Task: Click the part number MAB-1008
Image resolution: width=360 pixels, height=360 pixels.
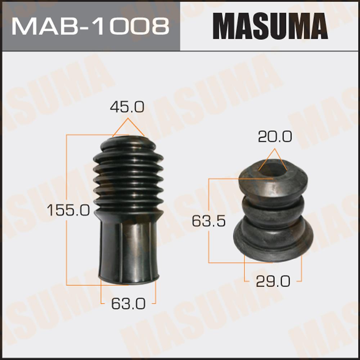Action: [x=90, y=27]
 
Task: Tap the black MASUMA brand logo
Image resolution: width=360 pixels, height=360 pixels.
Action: [x=270, y=26]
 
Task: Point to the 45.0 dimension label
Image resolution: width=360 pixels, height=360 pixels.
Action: [x=127, y=107]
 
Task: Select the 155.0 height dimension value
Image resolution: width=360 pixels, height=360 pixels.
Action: [x=68, y=210]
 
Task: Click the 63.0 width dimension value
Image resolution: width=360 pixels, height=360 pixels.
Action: [x=129, y=303]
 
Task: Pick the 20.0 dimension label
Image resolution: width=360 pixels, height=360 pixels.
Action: [x=275, y=136]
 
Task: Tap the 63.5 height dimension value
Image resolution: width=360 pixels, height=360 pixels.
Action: [x=209, y=221]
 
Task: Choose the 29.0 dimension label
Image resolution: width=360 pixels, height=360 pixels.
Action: [x=273, y=281]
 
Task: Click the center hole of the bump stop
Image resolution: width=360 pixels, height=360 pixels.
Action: [x=273, y=168]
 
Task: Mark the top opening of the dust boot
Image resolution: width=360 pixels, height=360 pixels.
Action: [x=128, y=139]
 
